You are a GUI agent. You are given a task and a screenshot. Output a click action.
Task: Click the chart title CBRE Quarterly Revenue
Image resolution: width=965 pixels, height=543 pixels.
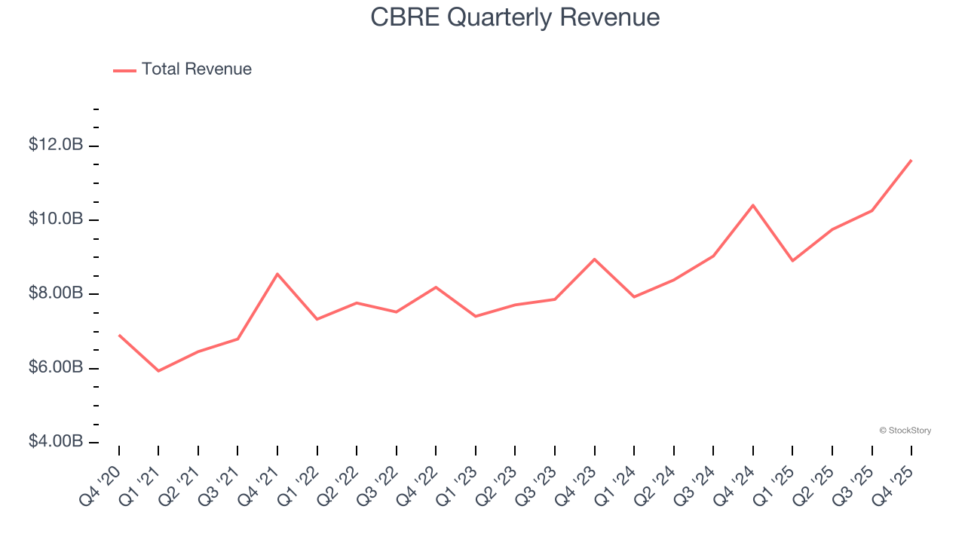(x=515, y=17)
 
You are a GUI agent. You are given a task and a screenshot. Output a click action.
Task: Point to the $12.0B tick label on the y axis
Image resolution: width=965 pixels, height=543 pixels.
(x=56, y=145)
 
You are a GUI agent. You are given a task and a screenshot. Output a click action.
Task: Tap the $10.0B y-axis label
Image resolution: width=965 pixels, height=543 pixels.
(x=56, y=219)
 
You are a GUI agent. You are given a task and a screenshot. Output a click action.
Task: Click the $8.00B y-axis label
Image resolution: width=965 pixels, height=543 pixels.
(x=56, y=293)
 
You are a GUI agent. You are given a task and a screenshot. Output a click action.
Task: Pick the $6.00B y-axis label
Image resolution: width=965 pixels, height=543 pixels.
(x=56, y=367)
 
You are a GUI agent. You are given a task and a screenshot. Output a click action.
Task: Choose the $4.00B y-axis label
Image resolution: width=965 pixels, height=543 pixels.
(x=56, y=441)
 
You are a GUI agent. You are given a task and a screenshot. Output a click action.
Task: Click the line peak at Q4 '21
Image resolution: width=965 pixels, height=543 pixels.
(x=277, y=274)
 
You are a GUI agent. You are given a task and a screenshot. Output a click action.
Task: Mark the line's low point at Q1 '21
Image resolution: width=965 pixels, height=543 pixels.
(x=158, y=371)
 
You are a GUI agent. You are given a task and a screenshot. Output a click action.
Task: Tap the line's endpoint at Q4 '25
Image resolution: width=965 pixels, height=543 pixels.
(x=911, y=160)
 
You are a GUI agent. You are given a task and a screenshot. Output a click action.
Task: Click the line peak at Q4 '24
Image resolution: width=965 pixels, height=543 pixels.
(x=753, y=205)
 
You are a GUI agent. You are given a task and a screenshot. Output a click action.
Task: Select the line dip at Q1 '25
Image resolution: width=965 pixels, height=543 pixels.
(x=792, y=261)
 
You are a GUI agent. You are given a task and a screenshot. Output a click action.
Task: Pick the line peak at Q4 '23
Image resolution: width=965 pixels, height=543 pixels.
(x=595, y=259)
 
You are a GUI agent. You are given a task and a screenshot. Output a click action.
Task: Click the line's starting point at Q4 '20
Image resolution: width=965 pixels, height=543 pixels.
(x=119, y=335)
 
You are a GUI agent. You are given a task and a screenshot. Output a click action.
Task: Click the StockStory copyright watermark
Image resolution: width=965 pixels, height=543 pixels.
(x=905, y=431)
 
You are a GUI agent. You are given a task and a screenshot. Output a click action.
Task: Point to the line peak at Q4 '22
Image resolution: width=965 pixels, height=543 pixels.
(x=436, y=287)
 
